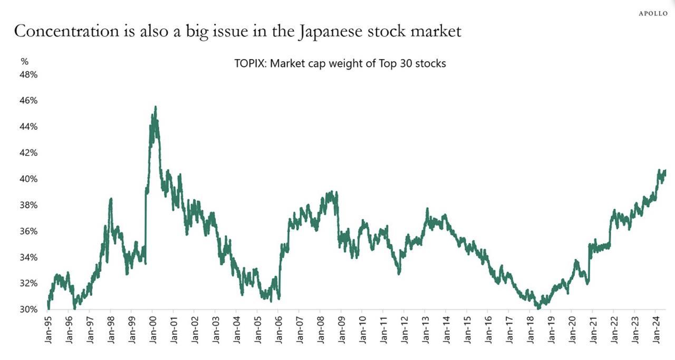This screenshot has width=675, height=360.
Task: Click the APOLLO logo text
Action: pos(653,13)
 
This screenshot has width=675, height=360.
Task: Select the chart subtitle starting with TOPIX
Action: pos(340,64)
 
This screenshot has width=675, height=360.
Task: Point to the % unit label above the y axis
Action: pos(24,62)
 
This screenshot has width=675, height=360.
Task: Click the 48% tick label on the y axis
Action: pos(29,75)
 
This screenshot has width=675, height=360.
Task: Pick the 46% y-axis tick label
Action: pos(29,101)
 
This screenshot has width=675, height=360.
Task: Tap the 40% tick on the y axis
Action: pos(29,179)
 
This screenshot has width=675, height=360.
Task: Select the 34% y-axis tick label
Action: pos(29,257)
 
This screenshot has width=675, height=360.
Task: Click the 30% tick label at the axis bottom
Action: pos(29,309)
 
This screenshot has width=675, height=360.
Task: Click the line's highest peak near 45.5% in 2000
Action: pos(155,107)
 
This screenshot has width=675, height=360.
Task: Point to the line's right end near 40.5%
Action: pos(665,171)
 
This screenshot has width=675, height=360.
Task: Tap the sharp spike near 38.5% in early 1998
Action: pos(111,199)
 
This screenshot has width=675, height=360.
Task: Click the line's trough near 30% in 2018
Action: pos(538,307)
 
